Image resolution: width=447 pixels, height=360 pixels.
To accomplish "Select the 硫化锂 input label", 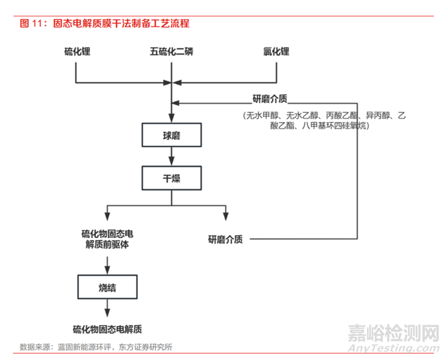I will click(x=76, y=51).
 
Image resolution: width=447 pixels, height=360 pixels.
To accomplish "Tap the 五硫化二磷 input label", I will click(x=172, y=51).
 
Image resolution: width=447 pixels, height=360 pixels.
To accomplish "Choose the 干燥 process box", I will click(x=172, y=177).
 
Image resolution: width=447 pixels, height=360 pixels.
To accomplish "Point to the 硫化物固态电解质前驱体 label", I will click(x=108, y=239).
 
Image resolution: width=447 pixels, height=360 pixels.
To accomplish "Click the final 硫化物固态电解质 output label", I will click(x=108, y=328).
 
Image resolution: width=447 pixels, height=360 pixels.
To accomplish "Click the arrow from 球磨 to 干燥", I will click(x=172, y=156).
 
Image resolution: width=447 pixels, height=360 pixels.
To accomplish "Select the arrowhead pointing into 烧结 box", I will click(x=108, y=269).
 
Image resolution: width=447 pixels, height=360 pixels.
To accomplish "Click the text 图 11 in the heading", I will click(x=30, y=24).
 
